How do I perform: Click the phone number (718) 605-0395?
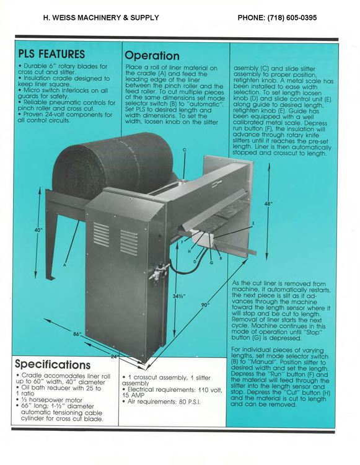point(292,18)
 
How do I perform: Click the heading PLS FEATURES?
point(51,55)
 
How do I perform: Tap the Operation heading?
point(152,56)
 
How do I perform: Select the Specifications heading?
point(53,364)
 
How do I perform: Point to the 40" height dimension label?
point(38,230)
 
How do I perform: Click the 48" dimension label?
point(268,203)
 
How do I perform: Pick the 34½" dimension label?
point(179,296)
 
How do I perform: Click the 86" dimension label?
point(77,334)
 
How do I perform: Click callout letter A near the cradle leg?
point(64,265)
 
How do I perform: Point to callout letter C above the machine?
point(184,150)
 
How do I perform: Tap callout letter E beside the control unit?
point(253,224)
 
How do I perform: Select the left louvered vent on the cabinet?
point(102,234)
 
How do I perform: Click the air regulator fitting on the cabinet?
point(159,272)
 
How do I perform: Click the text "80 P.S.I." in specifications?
point(190,402)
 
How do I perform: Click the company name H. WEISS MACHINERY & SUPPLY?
point(101,18)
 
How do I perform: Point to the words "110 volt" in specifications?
point(210,390)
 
